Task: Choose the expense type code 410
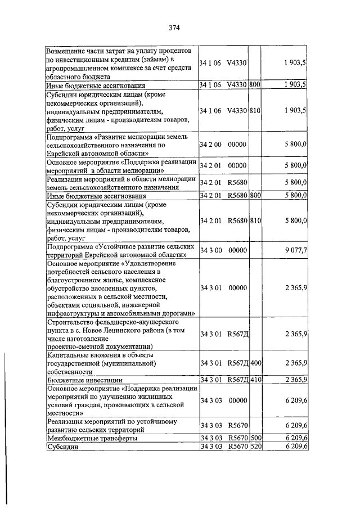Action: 255,380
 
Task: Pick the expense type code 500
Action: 255,437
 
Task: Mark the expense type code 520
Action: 255,446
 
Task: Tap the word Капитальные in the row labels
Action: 69,355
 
